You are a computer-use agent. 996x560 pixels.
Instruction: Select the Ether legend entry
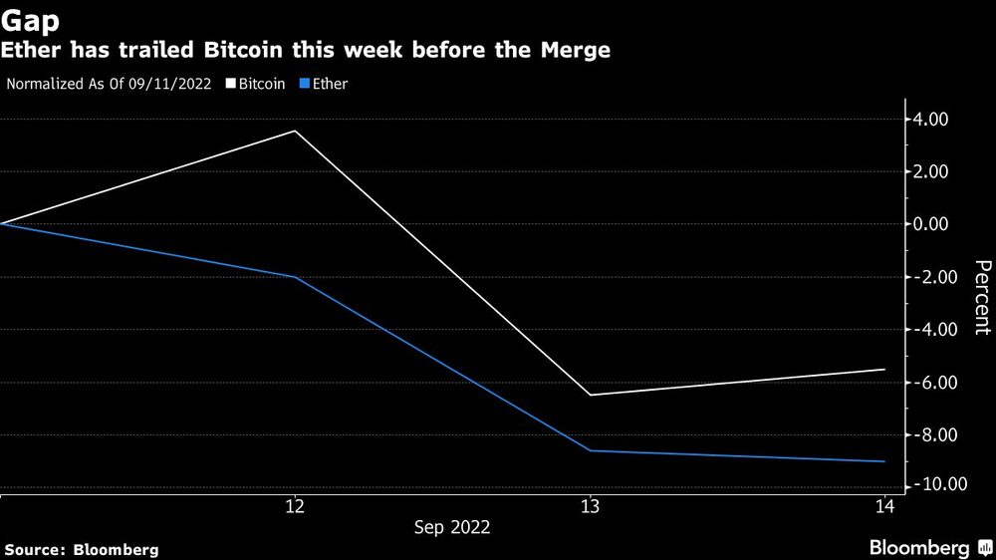coord(330,85)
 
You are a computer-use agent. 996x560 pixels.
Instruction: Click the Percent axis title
coord(982,297)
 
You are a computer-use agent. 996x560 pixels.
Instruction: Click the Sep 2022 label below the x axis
coord(452,527)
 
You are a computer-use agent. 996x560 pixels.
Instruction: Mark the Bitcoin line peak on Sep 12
coord(295,132)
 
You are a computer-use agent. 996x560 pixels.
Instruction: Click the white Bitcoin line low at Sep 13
coord(590,395)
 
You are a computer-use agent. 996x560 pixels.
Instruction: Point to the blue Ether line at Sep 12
coord(295,277)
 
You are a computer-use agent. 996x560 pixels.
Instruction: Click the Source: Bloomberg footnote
coord(82,549)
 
